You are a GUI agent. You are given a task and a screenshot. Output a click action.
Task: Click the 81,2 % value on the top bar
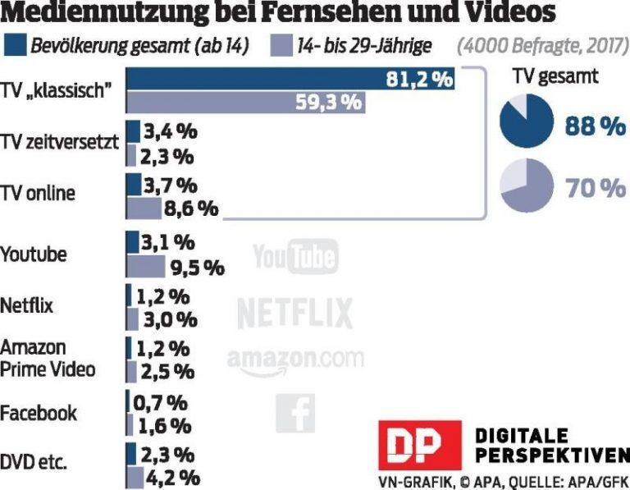(419, 80)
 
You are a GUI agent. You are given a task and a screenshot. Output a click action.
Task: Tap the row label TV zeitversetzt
(61, 143)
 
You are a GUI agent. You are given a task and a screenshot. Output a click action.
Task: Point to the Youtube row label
(34, 254)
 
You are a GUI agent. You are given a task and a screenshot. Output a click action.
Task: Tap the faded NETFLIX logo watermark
(294, 313)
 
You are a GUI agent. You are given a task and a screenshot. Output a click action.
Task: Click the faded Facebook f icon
(294, 413)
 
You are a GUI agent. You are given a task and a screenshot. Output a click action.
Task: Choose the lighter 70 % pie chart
(526, 186)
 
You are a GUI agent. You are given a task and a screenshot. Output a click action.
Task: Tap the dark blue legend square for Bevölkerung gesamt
(16, 45)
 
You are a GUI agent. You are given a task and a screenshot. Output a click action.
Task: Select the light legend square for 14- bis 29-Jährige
(280, 45)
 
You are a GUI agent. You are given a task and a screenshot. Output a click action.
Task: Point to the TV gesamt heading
(555, 77)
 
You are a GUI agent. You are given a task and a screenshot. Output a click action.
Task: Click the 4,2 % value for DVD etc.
(172, 476)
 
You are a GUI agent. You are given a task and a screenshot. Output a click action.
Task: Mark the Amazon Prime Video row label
(47, 359)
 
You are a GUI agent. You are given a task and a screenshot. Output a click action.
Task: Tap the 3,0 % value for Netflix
(169, 318)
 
